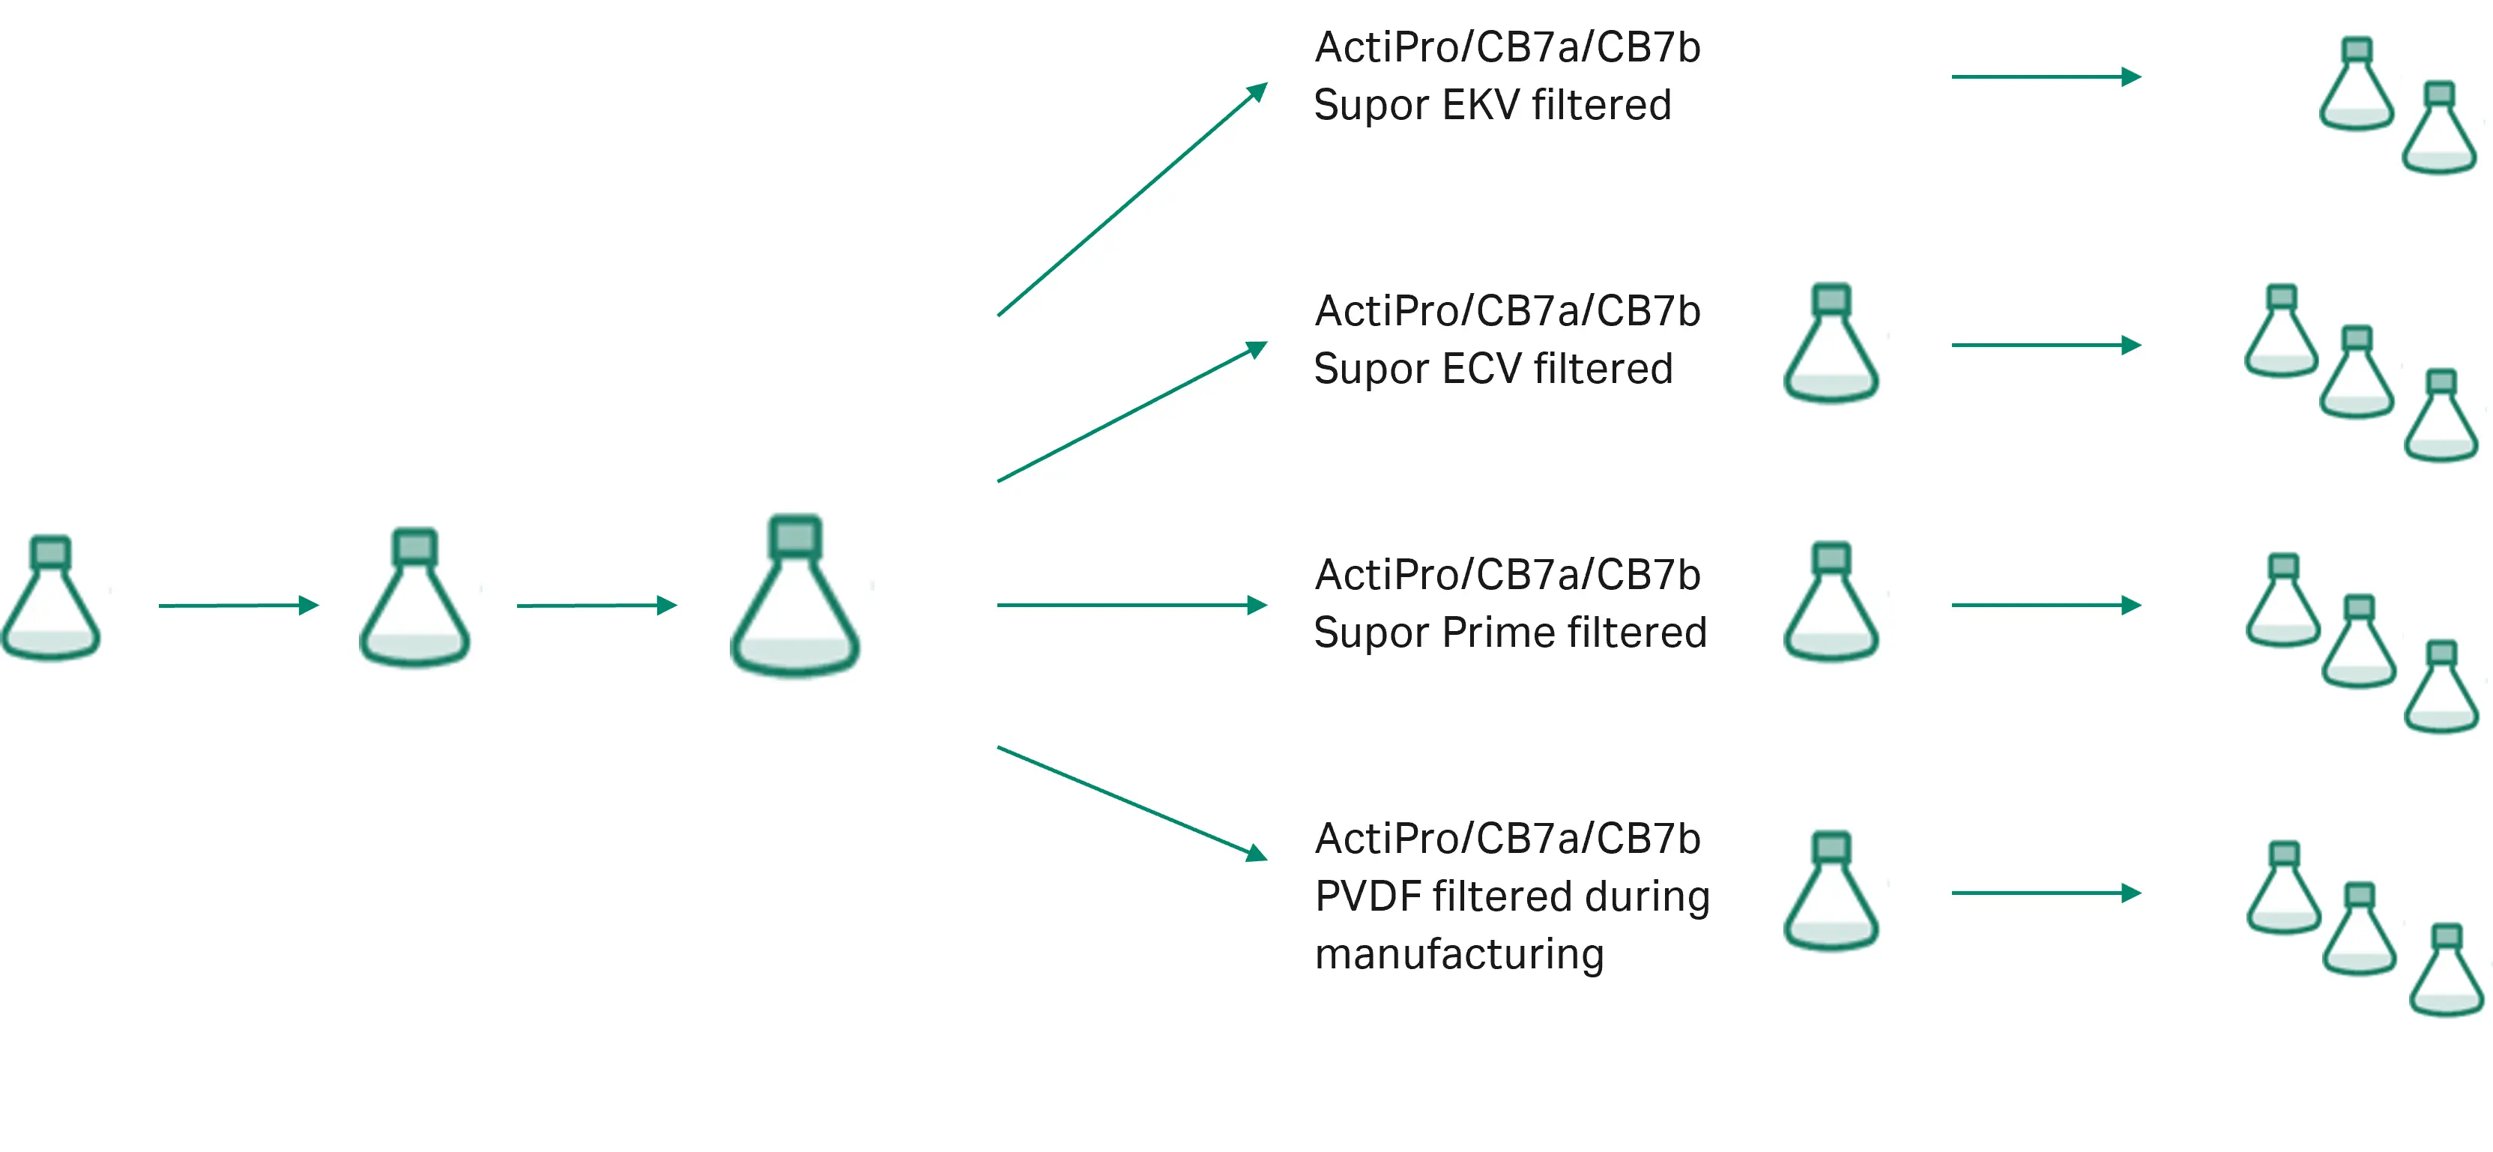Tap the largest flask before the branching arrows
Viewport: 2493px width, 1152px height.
coord(794,594)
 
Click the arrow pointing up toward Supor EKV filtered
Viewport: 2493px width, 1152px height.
coord(1132,199)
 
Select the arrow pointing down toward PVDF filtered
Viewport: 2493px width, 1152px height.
coord(1132,803)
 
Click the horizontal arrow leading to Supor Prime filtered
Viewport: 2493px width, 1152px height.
coord(1132,605)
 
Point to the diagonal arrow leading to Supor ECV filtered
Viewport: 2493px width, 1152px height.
coord(1132,411)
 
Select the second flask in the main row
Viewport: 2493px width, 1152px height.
coord(414,597)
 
